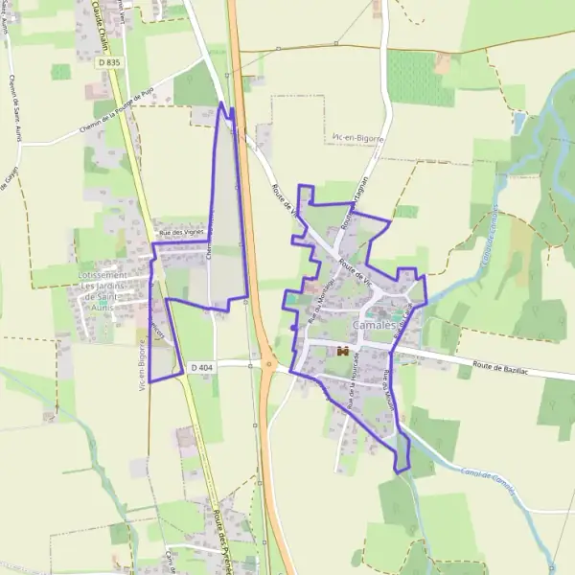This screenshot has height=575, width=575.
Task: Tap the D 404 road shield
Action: [x=200, y=367]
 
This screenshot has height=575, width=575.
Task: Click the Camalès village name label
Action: [x=375, y=326]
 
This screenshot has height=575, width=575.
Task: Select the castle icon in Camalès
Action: [x=340, y=353]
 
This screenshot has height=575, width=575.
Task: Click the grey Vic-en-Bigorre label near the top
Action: [x=356, y=139]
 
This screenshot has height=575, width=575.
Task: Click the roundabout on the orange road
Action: [x=269, y=363]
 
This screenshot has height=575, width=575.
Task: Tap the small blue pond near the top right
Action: [x=518, y=123]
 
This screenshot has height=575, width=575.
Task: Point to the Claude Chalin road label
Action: [x=100, y=24]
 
